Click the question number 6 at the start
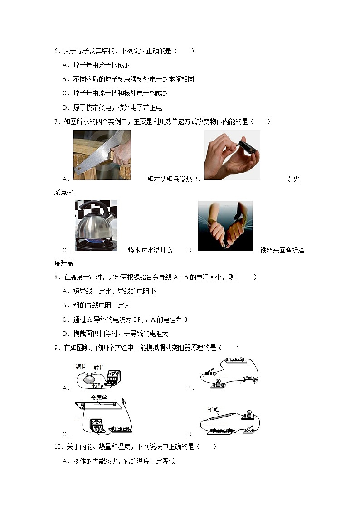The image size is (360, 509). [56, 51]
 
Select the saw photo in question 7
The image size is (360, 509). [102, 155]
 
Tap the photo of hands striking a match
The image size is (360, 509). [232, 155]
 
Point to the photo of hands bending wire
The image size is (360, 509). [225, 226]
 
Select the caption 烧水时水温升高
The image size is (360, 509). [150, 250]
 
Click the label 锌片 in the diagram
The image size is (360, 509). [99, 368]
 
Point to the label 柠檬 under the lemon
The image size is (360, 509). [97, 385]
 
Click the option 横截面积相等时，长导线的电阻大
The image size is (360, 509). [121, 334]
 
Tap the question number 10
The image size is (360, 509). [58, 446]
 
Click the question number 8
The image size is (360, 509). [56, 277]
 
